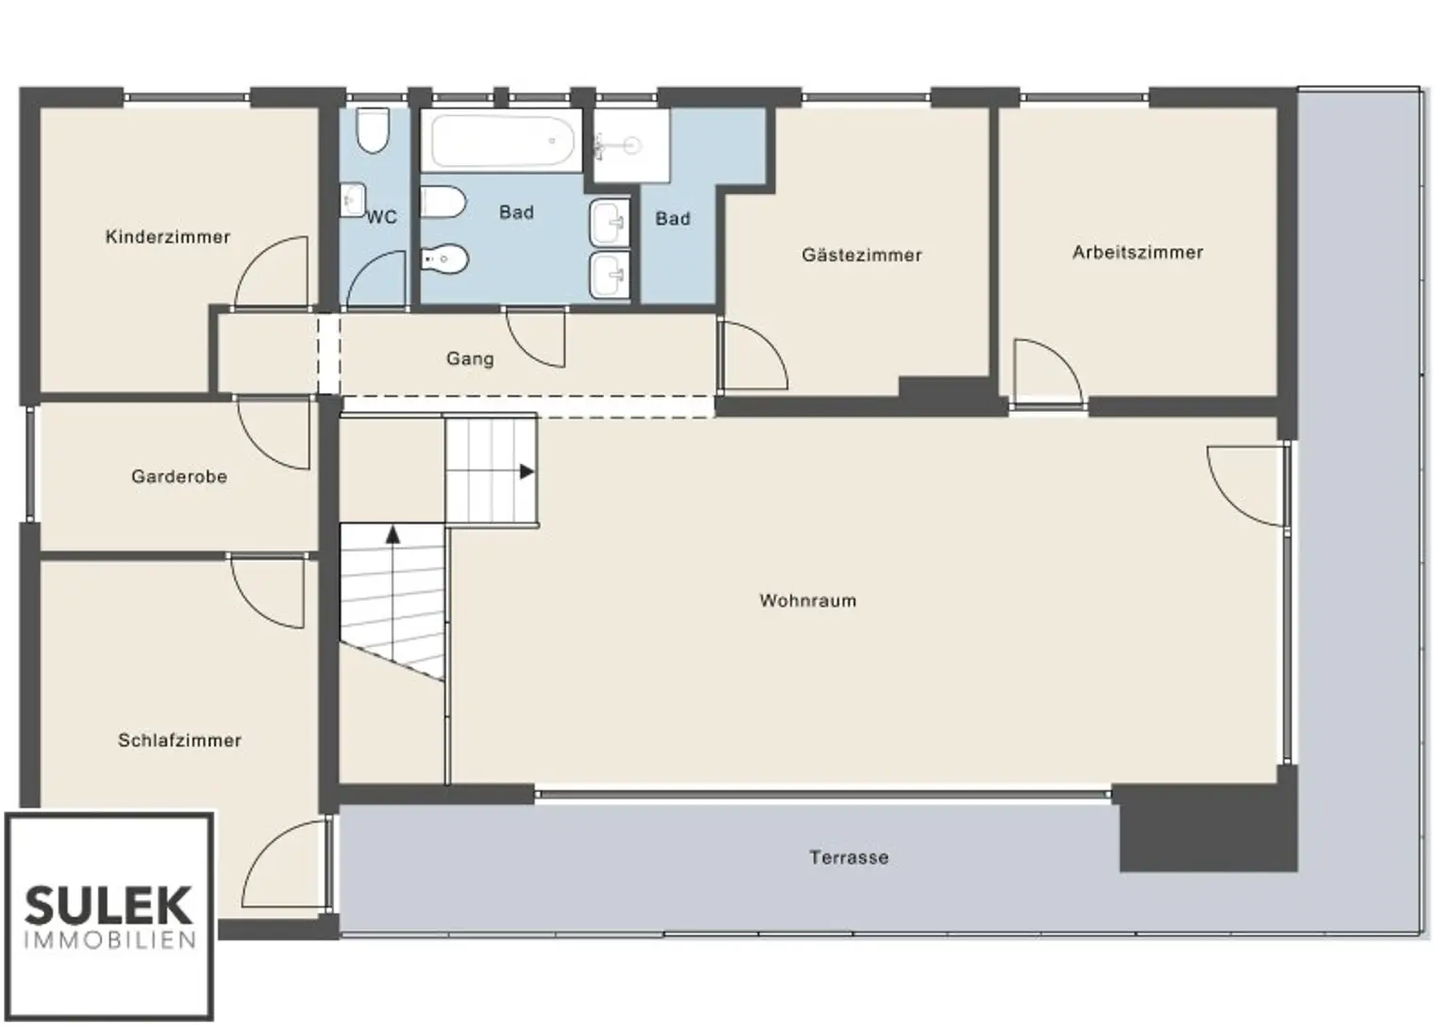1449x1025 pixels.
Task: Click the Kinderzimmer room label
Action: [168, 237]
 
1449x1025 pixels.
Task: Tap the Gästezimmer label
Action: [861, 255]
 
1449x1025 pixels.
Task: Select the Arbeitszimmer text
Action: [1138, 252]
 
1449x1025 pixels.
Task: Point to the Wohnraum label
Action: [808, 601]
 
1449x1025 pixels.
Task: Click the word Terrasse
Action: [849, 857]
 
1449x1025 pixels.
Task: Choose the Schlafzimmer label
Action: [179, 740]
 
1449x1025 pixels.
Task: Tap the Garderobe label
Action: [179, 476]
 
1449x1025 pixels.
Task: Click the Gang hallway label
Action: [471, 359]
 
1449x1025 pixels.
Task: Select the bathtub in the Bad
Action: [503, 141]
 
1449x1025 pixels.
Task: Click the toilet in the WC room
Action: [374, 131]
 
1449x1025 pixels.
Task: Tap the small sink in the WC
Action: [353, 200]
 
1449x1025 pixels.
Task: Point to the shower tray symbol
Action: [631, 145]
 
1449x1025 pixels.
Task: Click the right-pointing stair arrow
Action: [526, 472]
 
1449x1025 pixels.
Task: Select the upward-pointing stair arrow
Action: [392, 535]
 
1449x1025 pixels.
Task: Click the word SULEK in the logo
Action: [108, 905]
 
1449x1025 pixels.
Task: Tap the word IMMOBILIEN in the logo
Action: [110, 940]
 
